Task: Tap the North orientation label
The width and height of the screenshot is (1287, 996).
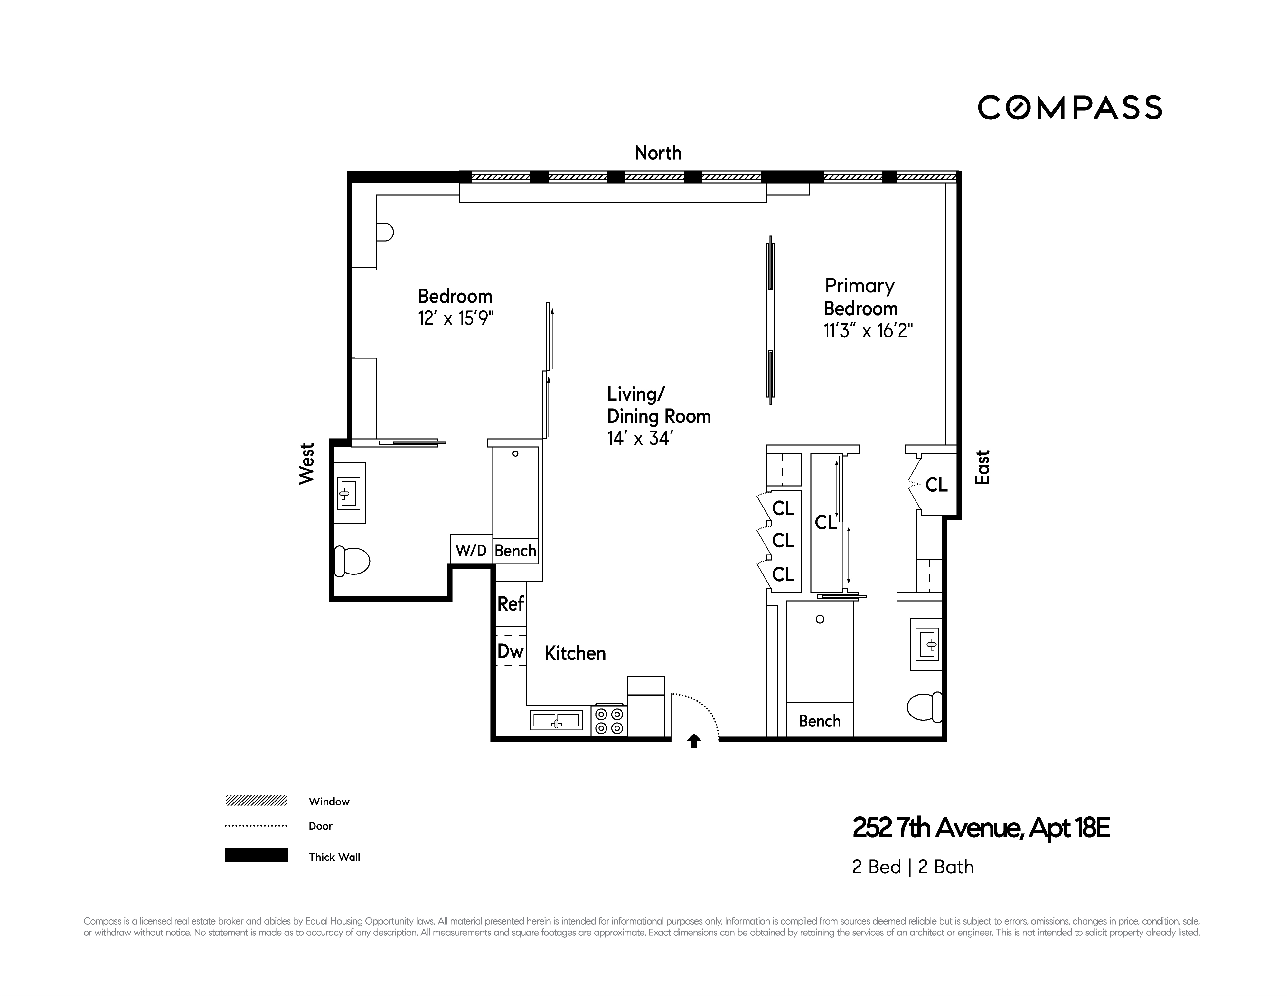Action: [658, 153]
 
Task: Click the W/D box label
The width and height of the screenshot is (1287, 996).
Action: [471, 550]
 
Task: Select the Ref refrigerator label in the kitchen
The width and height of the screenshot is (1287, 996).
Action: [510, 603]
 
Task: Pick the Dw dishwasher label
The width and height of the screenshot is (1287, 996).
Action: [510, 651]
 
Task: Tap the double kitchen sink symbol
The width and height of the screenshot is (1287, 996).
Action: [556, 720]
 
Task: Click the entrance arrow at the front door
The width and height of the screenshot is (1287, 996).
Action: [694, 741]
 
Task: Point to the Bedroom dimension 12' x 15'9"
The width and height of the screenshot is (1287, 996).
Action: [456, 319]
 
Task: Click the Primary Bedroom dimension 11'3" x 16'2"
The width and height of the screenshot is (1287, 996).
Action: [868, 331]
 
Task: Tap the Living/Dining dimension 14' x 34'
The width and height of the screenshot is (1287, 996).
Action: [639, 439]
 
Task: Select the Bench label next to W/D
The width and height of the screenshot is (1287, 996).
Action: [515, 550]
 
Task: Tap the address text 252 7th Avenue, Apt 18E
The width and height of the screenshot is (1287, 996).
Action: [981, 828]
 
